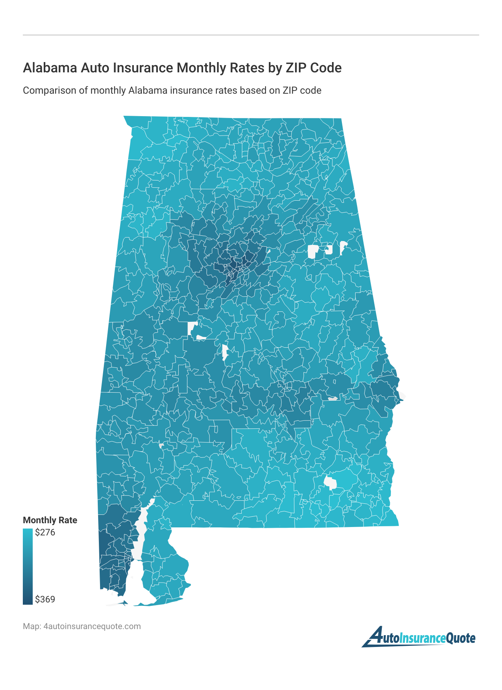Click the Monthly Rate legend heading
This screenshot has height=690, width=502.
(50, 520)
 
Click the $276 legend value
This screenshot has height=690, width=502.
(45, 532)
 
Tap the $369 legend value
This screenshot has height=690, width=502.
(45, 599)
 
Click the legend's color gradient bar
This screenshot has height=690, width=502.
(28, 566)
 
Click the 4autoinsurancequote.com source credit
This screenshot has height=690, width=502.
(92, 626)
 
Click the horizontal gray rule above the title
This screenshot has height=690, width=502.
(251, 35)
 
